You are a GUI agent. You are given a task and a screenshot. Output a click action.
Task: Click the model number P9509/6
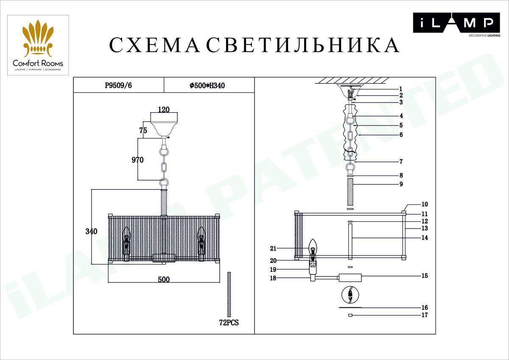(x=118, y=85)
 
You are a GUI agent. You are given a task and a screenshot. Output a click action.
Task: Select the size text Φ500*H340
(x=207, y=85)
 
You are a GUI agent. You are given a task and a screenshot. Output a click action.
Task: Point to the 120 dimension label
(x=164, y=109)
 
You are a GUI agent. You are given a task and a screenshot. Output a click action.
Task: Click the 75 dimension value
(x=143, y=131)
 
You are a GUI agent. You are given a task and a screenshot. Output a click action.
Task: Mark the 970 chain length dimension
(x=137, y=160)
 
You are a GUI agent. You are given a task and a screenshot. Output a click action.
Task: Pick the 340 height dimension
(x=91, y=232)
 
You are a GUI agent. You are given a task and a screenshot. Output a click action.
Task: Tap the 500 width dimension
(x=164, y=279)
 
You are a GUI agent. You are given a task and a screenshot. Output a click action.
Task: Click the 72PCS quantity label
(x=229, y=323)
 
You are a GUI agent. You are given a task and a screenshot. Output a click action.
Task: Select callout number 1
(x=400, y=89)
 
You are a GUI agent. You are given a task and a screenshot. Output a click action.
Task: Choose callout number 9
(x=401, y=184)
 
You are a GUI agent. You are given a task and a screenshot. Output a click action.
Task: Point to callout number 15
(x=425, y=276)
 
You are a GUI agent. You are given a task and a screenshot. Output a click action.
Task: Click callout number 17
(x=425, y=315)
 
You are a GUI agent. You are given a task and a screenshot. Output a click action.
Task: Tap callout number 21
(x=273, y=248)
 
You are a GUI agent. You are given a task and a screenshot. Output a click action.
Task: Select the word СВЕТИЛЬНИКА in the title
(x=303, y=45)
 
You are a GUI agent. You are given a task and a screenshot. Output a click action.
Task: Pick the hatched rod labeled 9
(x=350, y=192)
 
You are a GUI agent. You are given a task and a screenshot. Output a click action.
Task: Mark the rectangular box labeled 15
(x=350, y=278)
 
